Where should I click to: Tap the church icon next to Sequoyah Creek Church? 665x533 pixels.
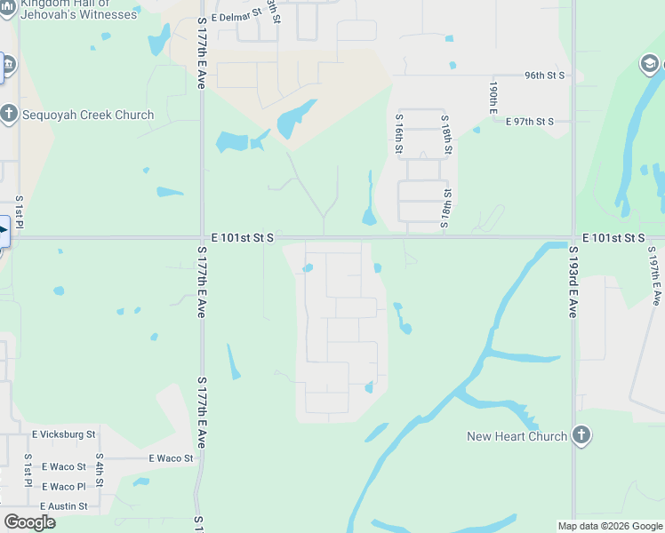pyautogui.click(x=8, y=114)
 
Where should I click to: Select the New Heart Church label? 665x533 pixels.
pyautogui.click(x=517, y=436)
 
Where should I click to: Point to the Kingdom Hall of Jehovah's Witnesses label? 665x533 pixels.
pyautogui.click(x=80, y=9)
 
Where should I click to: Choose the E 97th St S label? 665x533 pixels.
pyautogui.click(x=530, y=122)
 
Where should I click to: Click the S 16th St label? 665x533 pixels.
pyautogui.click(x=399, y=132)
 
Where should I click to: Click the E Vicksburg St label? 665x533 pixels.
pyautogui.click(x=63, y=434)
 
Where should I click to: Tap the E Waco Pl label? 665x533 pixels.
pyautogui.click(x=62, y=487)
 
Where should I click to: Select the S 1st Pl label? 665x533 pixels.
pyautogui.click(x=19, y=213)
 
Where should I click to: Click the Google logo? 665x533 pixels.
pyautogui.click(x=29, y=522)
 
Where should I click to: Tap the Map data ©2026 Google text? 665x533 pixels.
pyautogui.click(x=610, y=526)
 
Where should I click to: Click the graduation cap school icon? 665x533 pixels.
pyautogui.click(x=651, y=64)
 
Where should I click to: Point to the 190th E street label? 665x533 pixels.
pyautogui.click(x=492, y=98)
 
